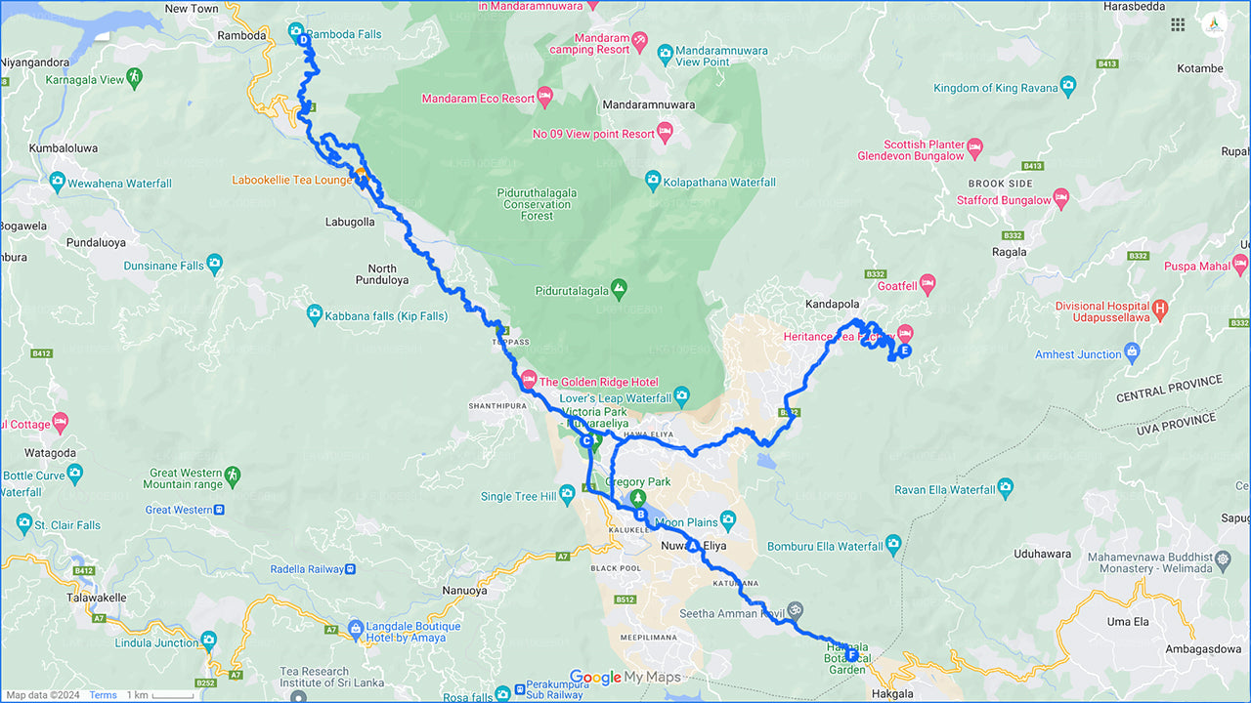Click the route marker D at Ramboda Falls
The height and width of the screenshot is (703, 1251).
303,41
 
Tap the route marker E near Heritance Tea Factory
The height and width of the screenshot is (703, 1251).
904,351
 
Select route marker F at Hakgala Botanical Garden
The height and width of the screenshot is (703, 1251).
852,655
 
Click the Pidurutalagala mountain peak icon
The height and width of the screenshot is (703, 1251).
618,290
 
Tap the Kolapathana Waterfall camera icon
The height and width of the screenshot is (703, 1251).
653,179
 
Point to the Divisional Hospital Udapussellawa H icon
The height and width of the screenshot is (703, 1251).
1160,310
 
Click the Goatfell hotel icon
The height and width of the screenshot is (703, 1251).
927,284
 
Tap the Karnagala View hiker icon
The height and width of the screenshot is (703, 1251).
135,77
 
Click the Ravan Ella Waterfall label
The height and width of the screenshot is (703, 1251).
944,489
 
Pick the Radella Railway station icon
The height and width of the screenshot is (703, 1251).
352,568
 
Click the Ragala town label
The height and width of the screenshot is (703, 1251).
1010,252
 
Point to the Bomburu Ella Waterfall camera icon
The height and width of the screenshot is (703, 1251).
892,544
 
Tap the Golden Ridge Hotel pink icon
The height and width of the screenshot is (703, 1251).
529,380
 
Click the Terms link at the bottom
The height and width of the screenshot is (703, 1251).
103,695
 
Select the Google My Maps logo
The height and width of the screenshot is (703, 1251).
625,678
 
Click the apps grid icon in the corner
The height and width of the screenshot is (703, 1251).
1178,25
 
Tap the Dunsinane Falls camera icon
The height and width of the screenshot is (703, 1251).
215,264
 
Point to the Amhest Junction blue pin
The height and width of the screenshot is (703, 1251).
1132,351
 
